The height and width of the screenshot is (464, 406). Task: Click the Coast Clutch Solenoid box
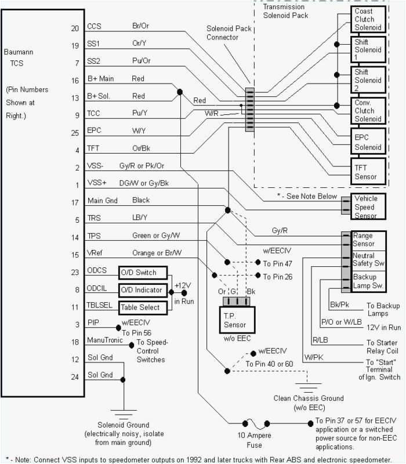coord(368,19)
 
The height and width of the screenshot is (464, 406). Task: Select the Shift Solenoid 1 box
coord(368,50)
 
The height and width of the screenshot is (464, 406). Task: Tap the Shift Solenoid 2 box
coord(368,79)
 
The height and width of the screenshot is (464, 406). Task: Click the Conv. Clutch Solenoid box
coord(368,110)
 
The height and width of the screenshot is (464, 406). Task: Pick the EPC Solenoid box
coord(368,143)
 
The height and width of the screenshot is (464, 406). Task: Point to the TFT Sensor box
coord(368,172)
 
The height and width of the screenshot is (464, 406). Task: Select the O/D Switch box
coord(142,273)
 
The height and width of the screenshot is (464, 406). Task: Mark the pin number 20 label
coord(74,27)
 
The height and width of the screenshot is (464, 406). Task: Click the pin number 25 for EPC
coord(74,133)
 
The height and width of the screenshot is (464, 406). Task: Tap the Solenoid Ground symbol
coord(123,415)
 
